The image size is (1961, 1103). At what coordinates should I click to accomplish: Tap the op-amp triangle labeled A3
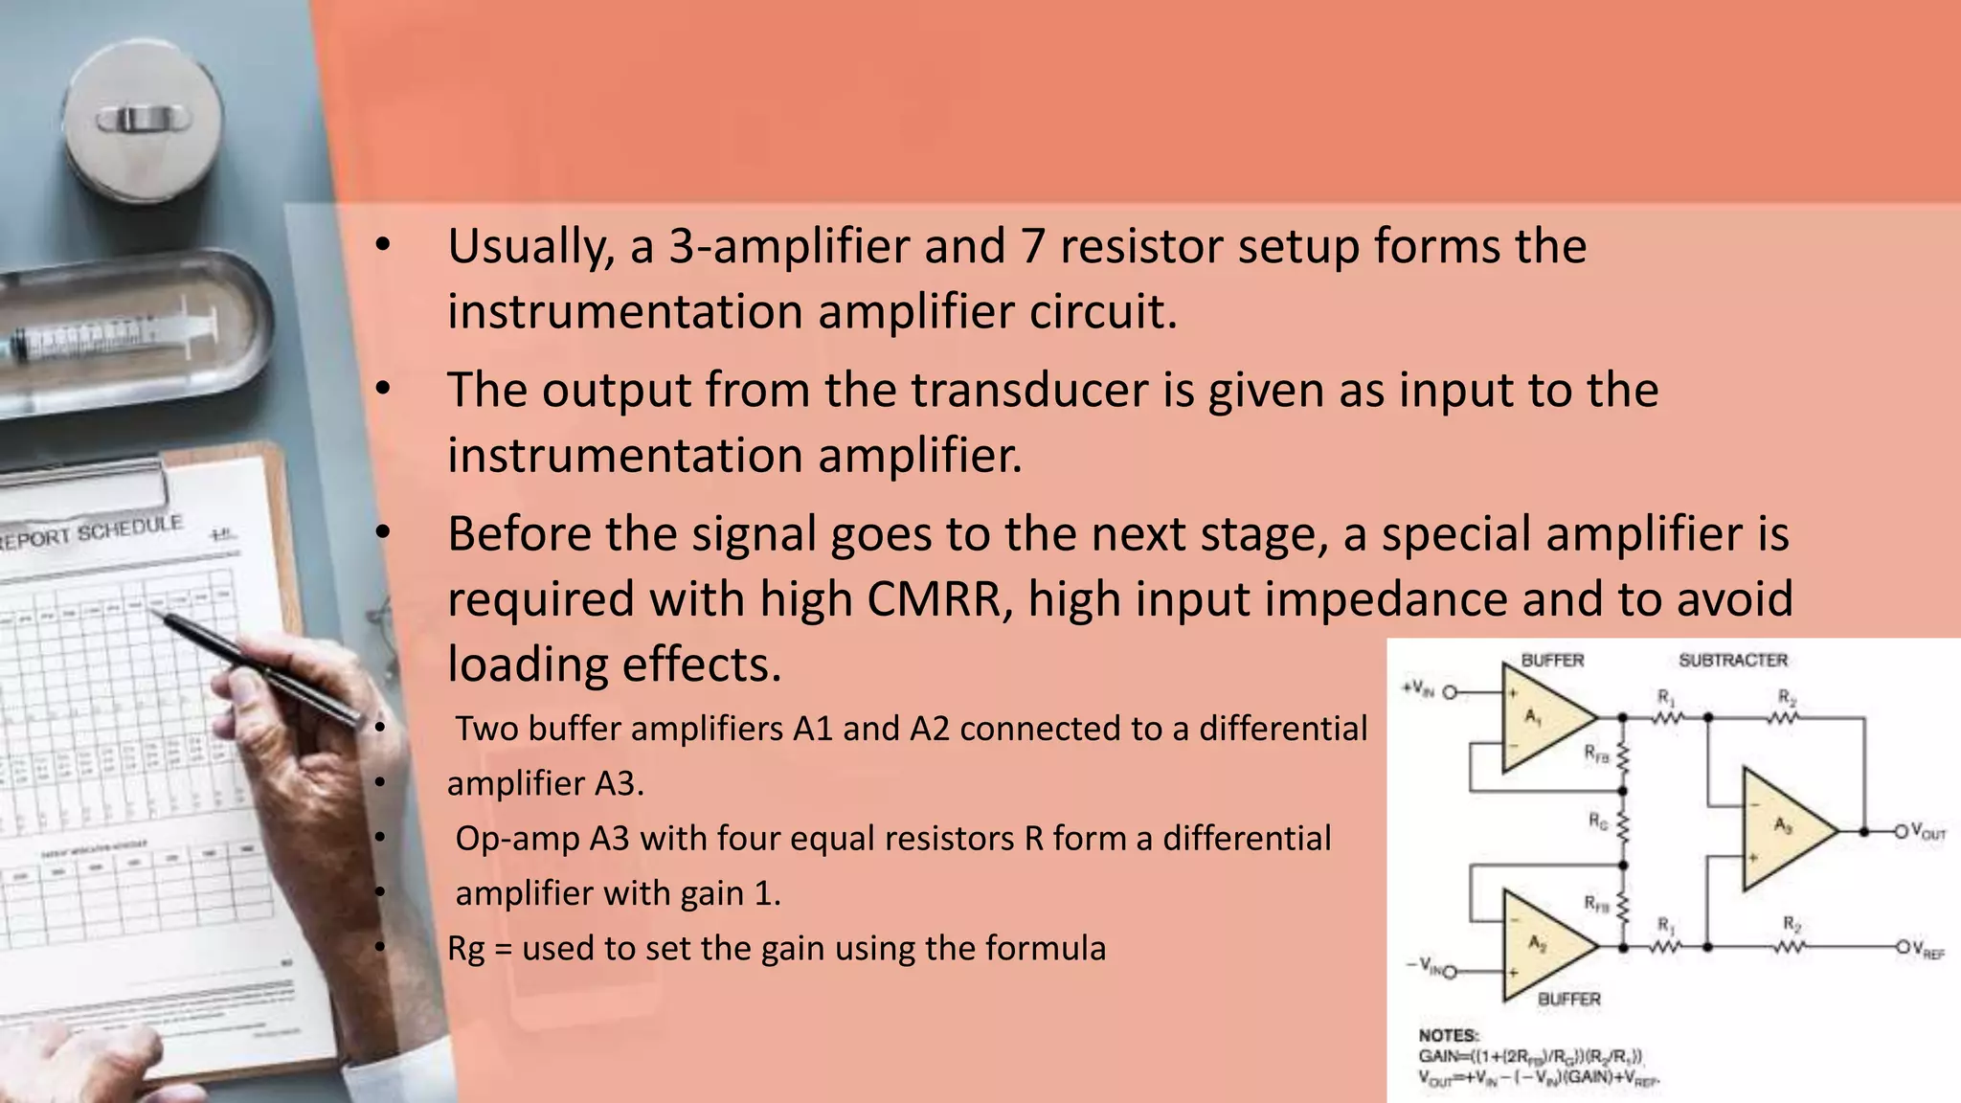pyautogui.click(x=1782, y=829)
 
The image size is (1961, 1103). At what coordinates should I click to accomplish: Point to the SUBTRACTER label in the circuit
pyautogui.click(x=1733, y=661)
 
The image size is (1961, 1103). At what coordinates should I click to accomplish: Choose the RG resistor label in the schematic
pyautogui.click(x=1597, y=821)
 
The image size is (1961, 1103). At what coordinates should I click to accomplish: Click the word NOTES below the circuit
pyautogui.click(x=1448, y=1035)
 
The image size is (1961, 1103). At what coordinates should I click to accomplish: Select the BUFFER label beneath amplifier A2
pyautogui.click(x=1568, y=999)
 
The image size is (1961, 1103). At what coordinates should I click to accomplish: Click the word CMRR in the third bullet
pyautogui.click(x=939, y=599)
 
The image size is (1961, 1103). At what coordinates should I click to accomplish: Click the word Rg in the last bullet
pyautogui.click(x=465, y=949)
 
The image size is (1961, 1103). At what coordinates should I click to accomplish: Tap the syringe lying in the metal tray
pyautogui.click(x=115, y=337)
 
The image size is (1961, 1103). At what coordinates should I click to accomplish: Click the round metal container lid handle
pyautogui.click(x=142, y=120)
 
